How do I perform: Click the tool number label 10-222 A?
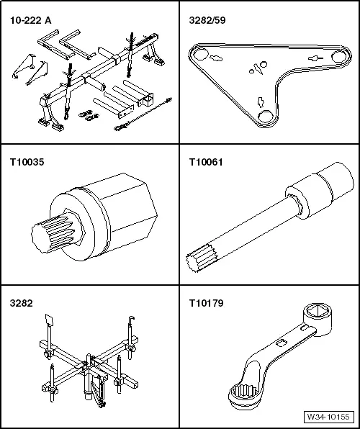[x=30, y=21]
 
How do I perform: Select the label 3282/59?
[x=205, y=21]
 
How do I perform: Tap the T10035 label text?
[x=26, y=162]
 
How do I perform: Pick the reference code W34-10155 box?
[x=328, y=417]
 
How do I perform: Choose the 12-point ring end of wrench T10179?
[x=242, y=394]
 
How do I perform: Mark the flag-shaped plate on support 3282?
[x=48, y=320]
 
